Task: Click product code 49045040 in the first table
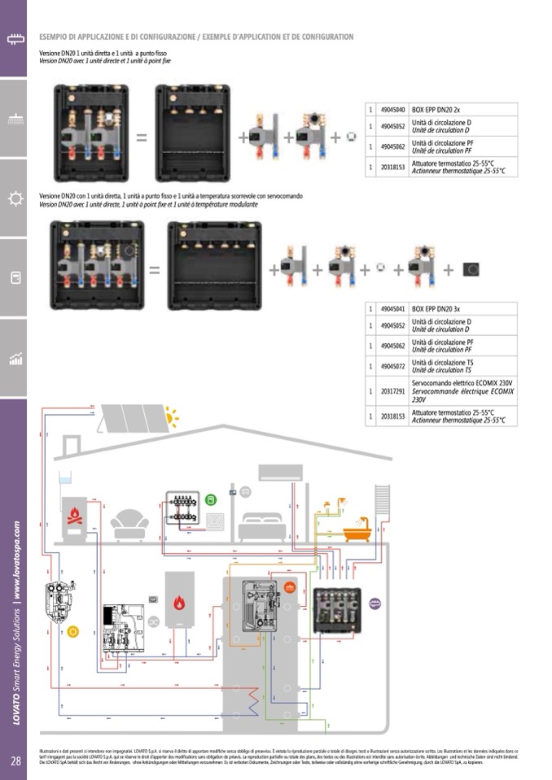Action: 393,108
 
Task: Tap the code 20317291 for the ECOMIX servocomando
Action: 393,390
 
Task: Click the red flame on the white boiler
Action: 179,603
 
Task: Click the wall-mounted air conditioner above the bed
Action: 279,472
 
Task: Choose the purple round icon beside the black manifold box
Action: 375,604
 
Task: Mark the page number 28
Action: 15,761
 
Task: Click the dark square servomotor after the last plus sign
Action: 471,269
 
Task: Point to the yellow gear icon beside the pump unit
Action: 73,631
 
